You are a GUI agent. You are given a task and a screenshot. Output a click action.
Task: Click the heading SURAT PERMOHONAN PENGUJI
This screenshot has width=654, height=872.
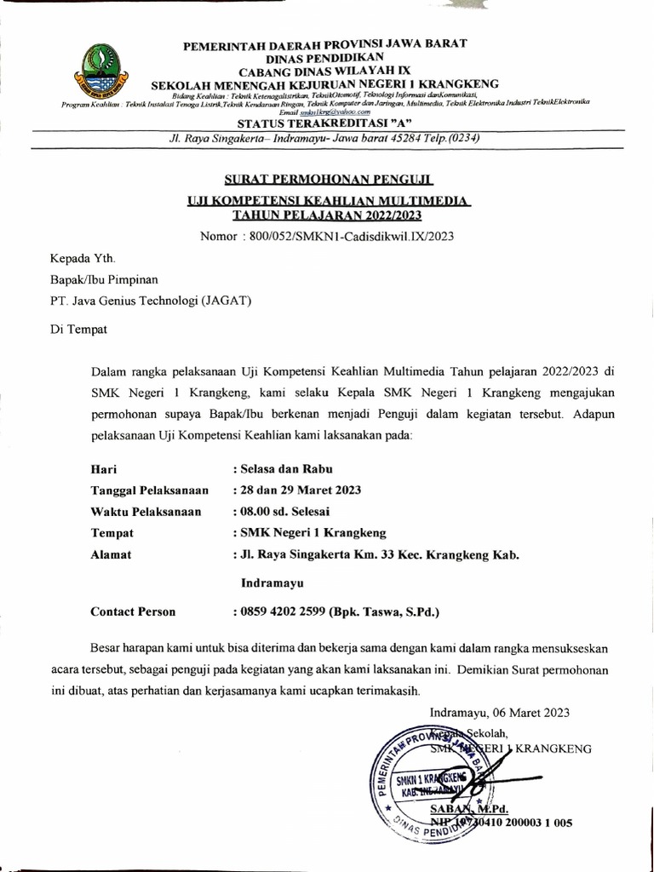[x=329, y=181]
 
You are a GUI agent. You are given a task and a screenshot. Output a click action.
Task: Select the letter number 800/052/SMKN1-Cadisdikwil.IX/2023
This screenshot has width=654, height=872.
[x=351, y=235]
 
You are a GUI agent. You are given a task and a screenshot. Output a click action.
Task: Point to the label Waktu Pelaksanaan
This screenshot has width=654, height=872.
[x=146, y=512]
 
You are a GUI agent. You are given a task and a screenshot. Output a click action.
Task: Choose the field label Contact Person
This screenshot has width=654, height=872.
[x=133, y=611]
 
